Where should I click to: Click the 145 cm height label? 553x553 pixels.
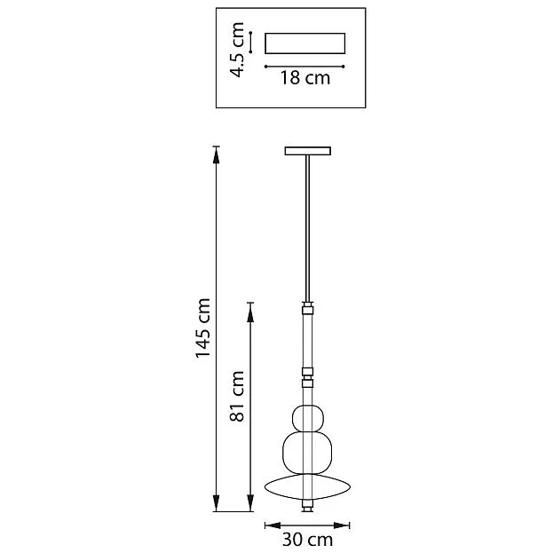tap(203, 328)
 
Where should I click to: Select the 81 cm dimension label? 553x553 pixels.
tap(237, 396)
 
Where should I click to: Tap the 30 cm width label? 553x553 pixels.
tap(307, 540)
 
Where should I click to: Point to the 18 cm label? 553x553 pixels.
tap(305, 78)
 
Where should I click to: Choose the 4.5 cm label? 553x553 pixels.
tap(237, 50)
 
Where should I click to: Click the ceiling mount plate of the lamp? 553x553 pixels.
tap(307, 151)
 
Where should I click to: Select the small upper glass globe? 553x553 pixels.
tap(308, 418)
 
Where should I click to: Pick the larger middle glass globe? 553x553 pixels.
tap(307, 453)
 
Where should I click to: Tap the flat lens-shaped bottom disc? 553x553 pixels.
tap(307, 487)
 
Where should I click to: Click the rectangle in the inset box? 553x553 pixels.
tap(305, 43)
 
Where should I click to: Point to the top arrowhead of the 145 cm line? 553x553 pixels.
tap(217, 154)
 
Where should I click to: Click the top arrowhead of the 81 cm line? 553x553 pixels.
tap(250, 312)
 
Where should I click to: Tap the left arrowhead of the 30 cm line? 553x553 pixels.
tap(273, 525)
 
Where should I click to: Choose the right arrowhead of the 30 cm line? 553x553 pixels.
tap(341, 525)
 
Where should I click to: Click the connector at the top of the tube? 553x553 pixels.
tap(307, 308)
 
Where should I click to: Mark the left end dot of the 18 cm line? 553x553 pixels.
tap(265, 67)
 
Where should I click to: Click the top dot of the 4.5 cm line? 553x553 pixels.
tap(250, 33)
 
